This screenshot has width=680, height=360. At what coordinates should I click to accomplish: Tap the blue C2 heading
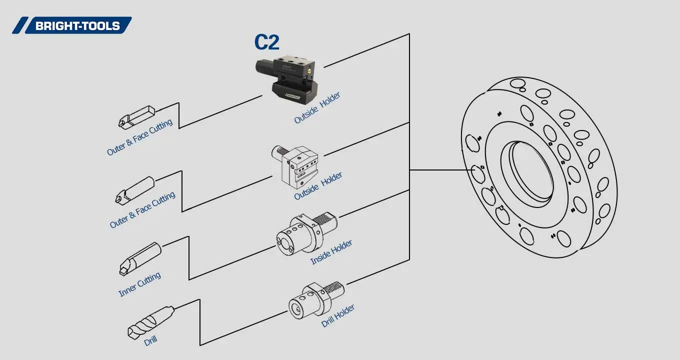[x=266, y=42]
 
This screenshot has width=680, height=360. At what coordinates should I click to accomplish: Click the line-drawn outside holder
[x=296, y=164]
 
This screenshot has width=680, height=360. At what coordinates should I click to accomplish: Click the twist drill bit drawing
[x=150, y=322]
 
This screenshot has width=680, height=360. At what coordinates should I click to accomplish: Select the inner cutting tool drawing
[x=140, y=258]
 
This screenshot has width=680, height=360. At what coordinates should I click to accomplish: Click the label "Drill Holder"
[x=338, y=315]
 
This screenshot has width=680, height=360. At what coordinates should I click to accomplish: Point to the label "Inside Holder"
[x=331, y=252]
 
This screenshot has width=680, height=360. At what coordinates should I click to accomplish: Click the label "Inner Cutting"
[x=139, y=284]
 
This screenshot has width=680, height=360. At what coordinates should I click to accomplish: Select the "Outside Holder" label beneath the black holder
[x=317, y=107]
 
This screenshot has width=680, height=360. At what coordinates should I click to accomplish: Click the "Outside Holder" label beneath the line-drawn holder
[x=318, y=186]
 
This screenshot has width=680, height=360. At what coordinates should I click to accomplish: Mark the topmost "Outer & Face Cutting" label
[x=139, y=137]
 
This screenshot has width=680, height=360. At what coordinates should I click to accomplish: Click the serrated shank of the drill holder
[x=334, y=289]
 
